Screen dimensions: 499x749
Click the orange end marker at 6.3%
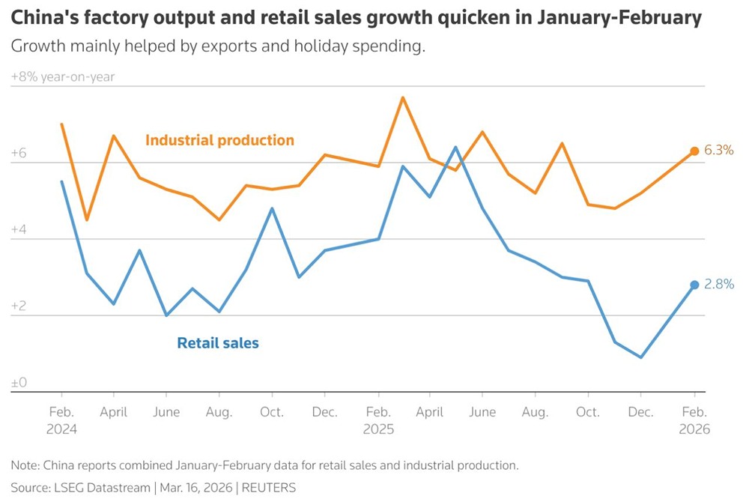(x=694, y=151)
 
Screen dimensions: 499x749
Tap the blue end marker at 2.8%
(x=694, y=285)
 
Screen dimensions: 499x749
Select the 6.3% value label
(x=719, y=150)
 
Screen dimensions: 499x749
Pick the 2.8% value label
(x=719, y=284)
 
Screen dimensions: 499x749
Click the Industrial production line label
(x=219, y=140)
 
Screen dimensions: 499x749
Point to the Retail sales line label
(x=218, y=343)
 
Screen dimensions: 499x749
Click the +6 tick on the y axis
(x=19, y=154)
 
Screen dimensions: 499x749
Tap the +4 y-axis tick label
(x=19, y=230)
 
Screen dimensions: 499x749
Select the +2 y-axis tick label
(x=19, y=306)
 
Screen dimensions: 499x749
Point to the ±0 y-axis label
(x=19, y=383)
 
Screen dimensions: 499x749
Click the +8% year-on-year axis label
(x=63, y=76)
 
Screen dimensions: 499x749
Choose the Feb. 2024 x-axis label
(x=61, y=420)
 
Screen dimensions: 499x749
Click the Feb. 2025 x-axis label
(x=377, y=420)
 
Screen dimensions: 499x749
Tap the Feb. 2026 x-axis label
(x=694, y=420)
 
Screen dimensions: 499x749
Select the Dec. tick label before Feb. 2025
(x=324, y=412)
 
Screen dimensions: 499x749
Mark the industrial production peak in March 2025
(x=403, y=97)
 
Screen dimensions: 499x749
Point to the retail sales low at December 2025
(x=641, y=357)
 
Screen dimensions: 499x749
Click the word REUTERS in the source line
(x=269, y=488)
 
